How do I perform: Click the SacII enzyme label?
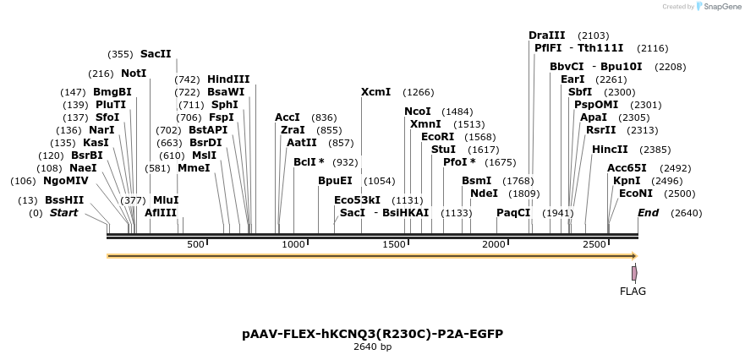point(156,54)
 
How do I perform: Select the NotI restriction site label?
point(134,74)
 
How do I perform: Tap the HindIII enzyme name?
point(228,79)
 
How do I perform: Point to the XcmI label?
point(375,92)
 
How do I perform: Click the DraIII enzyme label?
point(546,35)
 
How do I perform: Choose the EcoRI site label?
point(437,137)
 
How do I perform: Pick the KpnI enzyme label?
point(627,181)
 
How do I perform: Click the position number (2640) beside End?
point(686,213)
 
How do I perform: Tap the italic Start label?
point(63,213)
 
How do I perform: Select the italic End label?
point(648,213)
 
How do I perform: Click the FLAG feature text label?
point(633,292)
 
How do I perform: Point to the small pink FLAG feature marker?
point(634,273)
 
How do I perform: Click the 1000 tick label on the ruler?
point(293,244)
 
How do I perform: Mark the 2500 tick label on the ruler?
point(595,244)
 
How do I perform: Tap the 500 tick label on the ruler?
point(195,244)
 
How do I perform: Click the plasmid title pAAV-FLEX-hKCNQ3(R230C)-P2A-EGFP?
point(372,334)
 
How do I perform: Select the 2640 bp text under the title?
point(372,346)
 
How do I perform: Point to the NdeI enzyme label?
point(484,194)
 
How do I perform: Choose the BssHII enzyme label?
point(64,200)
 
